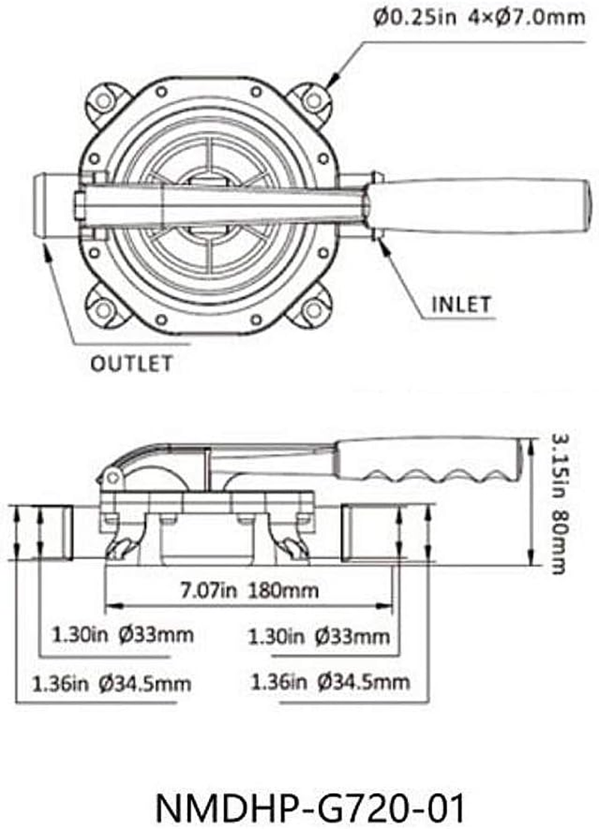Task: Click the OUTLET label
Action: [131, 364]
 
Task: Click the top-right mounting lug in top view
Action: [310, 100]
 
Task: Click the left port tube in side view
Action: [56, 532]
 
